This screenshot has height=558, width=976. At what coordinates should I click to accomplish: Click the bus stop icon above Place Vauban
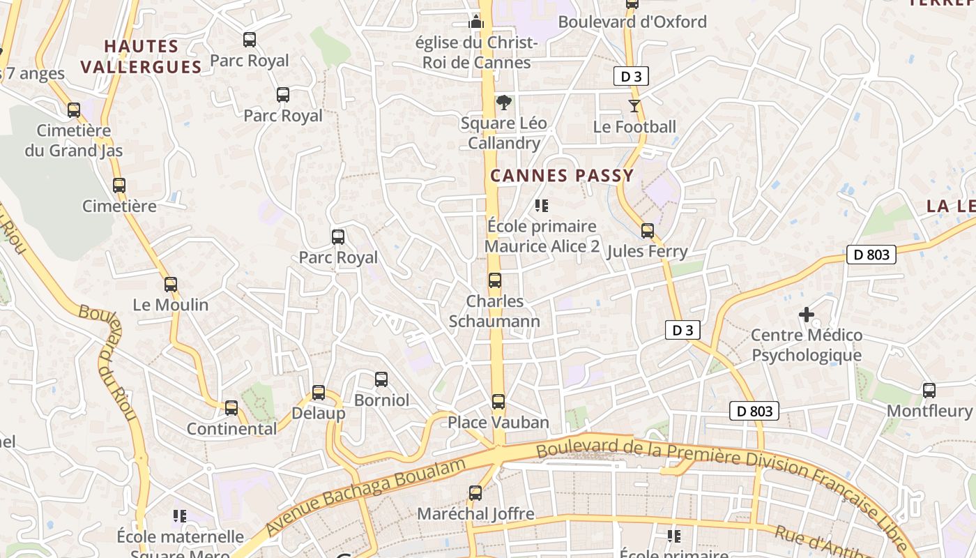498,402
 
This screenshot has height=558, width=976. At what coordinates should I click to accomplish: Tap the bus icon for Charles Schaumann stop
495,280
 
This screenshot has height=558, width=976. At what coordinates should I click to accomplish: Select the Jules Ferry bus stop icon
648,231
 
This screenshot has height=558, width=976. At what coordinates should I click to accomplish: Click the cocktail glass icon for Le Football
634,106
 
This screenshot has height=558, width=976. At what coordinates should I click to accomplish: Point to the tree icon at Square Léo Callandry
503,103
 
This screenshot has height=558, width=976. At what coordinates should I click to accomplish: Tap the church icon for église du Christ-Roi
476,22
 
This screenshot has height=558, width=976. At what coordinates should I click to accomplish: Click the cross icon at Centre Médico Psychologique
807,315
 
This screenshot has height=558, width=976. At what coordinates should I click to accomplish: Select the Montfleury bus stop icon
929,391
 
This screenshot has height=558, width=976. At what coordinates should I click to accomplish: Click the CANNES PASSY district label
562,176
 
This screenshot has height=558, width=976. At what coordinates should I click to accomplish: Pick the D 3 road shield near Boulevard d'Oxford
631,77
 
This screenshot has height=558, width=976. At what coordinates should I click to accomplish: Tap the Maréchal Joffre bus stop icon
475,493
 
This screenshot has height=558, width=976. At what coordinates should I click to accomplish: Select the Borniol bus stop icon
381,379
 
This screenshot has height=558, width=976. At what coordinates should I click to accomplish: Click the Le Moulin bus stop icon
171,285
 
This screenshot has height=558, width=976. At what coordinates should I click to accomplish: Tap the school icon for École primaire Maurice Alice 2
542,206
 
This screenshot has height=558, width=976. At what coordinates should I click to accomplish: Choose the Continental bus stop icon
231,408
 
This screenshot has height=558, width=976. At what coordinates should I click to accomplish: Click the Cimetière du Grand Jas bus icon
74,110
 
